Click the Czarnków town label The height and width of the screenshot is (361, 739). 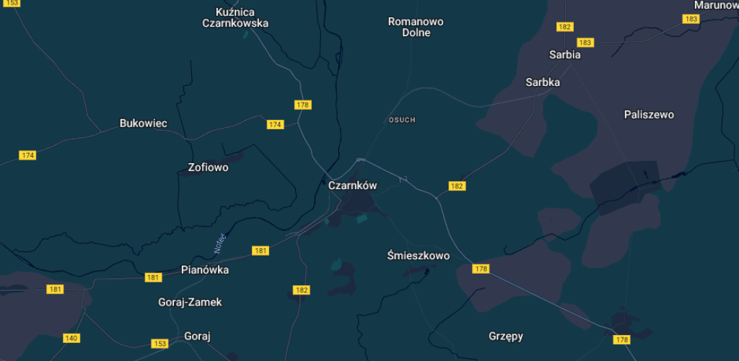(x=352, y=186)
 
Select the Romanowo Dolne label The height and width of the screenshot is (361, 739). (x=416, y=27)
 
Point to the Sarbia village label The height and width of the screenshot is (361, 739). (x=564, y=54)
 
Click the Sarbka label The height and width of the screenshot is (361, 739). (x=543, y=82)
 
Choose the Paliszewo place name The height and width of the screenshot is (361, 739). (x=649, y=115)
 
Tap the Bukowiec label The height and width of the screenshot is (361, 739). (x=143, y=123)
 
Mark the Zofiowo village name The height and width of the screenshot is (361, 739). (x=208, y=168)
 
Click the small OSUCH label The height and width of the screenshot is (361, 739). (x=402, y=120)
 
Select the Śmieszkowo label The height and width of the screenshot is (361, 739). (x=418, y=256)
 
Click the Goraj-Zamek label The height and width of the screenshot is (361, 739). (x=190, y=302)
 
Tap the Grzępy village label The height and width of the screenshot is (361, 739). (x=506, y=336)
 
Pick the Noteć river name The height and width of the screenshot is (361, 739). (x=220, y=242)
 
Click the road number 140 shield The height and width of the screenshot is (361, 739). (x=71, y=338)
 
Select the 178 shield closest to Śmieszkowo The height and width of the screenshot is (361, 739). (x=481, y=269)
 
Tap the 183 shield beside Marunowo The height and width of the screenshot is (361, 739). (x=691, y=19)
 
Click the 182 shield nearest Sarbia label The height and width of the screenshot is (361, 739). (x=564, y=27)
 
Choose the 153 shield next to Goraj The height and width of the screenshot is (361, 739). (x=160, y=343)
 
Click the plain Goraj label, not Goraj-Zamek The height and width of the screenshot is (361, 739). (x=197, y=336)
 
